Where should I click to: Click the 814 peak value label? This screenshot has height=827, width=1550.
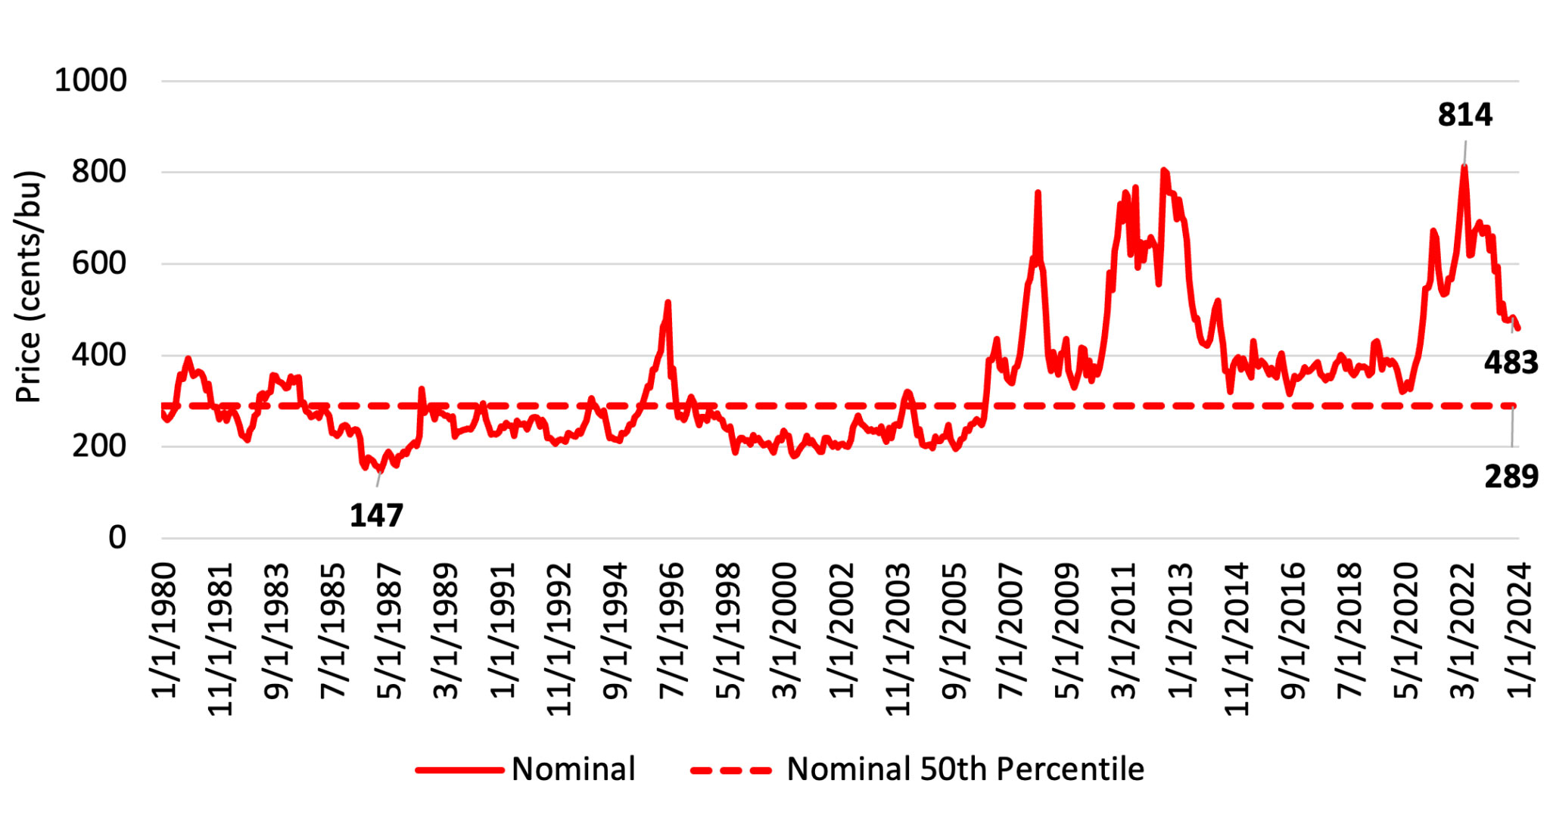[1464, 115]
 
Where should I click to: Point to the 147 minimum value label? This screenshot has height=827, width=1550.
[376, 516]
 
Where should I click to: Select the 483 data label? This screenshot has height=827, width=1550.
[1511, 363]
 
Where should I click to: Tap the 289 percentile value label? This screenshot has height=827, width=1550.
[1511, 477]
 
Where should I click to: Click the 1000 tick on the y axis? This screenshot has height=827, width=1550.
[91, 80]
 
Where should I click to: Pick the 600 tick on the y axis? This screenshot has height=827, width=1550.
[99, 263]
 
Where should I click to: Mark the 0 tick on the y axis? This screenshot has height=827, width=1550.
[117, 538]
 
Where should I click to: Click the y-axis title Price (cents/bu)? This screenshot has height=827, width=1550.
[29, 287]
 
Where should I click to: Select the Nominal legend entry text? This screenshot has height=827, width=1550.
[573, 769]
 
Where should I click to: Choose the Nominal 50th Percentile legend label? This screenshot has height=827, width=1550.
[965, 769]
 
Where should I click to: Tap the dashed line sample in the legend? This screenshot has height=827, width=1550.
[731, 770]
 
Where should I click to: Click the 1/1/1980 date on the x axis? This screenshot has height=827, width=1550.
[164, 630]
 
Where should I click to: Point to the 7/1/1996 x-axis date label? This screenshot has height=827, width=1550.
[672, 630]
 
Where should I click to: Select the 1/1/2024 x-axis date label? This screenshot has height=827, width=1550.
[1520, 630]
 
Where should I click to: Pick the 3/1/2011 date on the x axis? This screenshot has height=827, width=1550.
[1124, 630]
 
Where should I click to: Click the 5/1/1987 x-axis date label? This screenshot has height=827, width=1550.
[390, 630]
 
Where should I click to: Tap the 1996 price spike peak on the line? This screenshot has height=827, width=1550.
[668, 303]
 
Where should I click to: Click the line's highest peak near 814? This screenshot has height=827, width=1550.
[1464, 166]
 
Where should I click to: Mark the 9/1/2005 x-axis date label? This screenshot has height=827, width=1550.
[954, 630]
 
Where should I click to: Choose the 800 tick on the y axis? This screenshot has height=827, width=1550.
[99, 172]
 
